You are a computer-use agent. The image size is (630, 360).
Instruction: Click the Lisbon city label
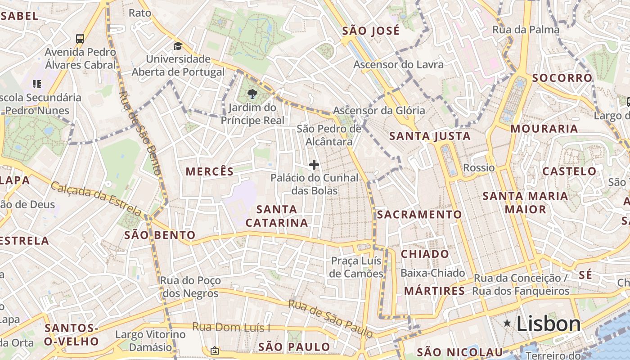[x=549, y=324]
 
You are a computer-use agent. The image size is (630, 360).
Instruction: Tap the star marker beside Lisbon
[x=508, y=323]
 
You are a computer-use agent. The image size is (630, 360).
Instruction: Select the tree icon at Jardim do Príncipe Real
[x=252, y=94]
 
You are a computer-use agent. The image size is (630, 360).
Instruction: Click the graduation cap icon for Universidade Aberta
[x=178, y=46]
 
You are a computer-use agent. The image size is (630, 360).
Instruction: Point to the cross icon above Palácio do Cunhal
[x=314, y=165]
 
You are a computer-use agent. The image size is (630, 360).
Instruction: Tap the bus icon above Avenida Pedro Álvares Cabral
[x=80, y=39]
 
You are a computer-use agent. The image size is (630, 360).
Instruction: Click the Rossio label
[x=479, y=168]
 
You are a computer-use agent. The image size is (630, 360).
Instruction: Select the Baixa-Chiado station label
[x=432, y=273]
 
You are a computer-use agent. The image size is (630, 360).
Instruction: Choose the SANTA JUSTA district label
[x=430, y=136]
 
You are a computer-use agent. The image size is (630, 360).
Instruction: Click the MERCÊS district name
[x=210, y=171]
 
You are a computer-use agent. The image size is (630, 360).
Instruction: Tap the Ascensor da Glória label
[x=379, y=111]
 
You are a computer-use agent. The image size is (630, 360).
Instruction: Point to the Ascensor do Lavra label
[x=398, y=64]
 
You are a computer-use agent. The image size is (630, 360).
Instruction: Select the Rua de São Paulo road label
[x=330, y=319]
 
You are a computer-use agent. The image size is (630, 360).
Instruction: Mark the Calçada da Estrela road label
[x=96, y=198]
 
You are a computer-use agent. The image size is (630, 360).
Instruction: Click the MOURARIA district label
[x=544, y=129]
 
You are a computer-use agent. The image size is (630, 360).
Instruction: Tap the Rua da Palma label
[x=526, y=30]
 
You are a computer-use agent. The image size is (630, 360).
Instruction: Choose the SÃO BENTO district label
[x=160, y=235]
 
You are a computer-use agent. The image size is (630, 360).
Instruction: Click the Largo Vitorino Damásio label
[x=150, y=341]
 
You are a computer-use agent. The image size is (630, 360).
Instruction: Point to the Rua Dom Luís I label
[x=231, y=327]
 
